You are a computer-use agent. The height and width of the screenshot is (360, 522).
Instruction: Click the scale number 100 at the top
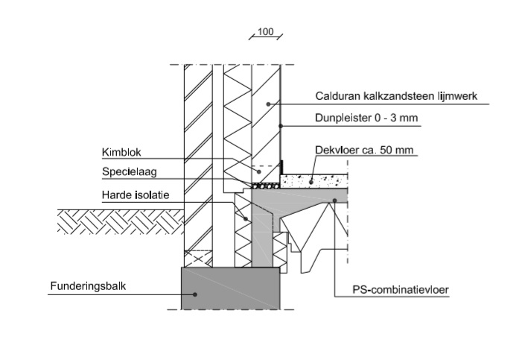tap(266, 32)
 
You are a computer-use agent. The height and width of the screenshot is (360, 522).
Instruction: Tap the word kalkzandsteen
tap(398, 95)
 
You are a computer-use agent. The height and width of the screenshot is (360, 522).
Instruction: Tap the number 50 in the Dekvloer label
tap(386, 150)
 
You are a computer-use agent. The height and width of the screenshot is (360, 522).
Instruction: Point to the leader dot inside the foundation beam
tap(196, 293)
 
